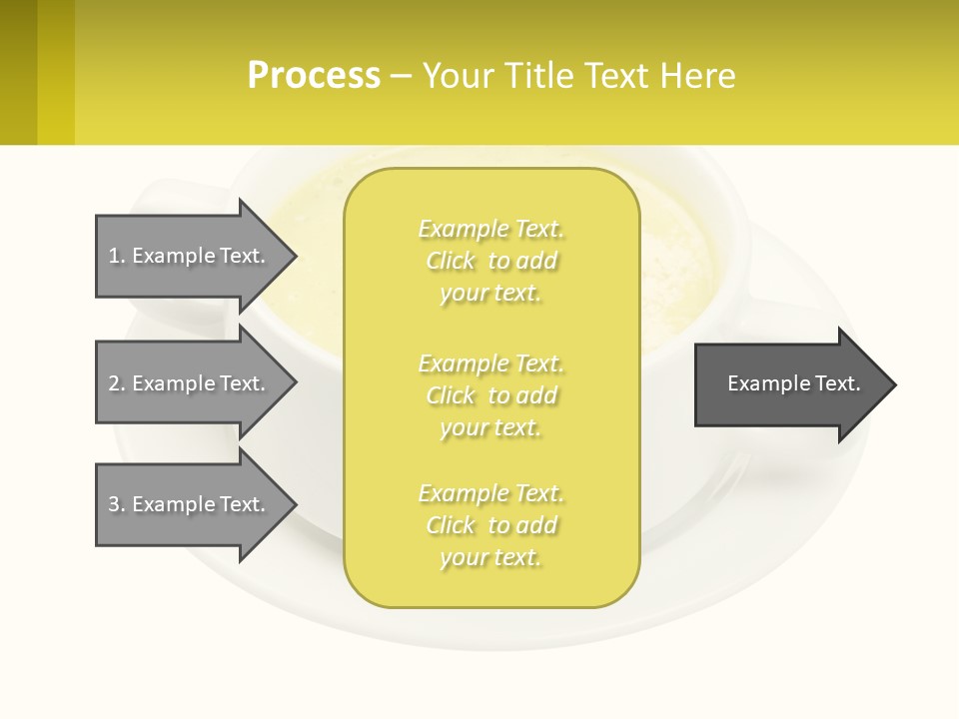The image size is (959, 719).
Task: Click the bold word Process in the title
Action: [x=314, y=75]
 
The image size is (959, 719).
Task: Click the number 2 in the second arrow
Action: [x=114, y=383]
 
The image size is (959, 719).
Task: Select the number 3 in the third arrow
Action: [x=114, y=504]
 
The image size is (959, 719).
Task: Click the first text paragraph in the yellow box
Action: [x=490, y=261]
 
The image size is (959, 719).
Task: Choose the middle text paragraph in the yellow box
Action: [x=490, y=395]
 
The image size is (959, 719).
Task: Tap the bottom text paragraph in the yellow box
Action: [x=490, y=525]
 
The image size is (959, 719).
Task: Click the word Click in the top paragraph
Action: [x=451, y=261]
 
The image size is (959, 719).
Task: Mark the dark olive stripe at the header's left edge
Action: [x=18, y=72]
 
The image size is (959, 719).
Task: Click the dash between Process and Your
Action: [x=401, y=76]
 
